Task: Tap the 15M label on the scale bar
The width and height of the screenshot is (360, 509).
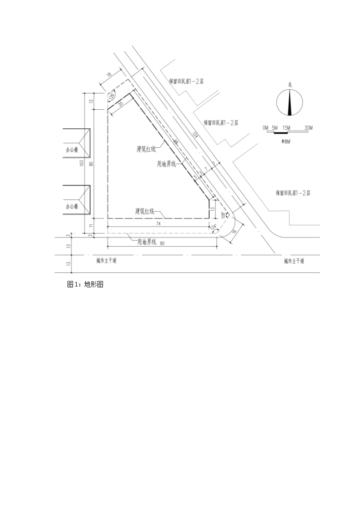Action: click(x=286, y=128)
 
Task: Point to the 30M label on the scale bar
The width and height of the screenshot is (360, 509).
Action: click(x=308, y=128)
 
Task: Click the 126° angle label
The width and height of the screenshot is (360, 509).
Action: click(x=111, y=96)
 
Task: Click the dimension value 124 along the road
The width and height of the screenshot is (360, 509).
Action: click(x=195, y=135)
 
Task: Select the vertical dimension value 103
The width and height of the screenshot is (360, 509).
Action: click(x=82, y=163)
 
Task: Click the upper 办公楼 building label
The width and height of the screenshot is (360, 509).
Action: click(x=72, y=149)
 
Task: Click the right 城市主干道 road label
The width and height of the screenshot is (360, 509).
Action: click(x=294, y=261)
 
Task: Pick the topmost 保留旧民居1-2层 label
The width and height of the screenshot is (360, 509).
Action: click(x=187, y=82)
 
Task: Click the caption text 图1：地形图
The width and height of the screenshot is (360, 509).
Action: click(x=86, y=284)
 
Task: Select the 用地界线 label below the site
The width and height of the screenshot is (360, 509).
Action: click(x=146, y=242)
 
